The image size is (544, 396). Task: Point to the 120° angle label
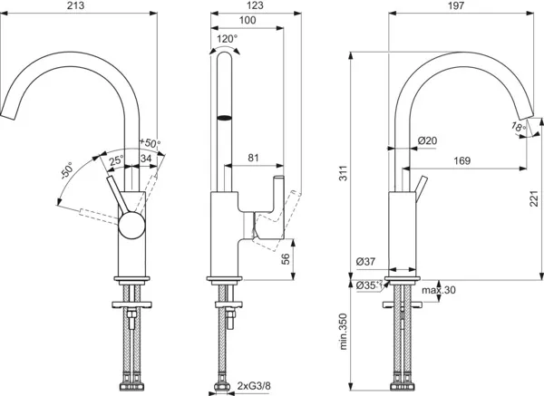click(226, 39)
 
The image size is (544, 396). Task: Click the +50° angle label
click(150, 142)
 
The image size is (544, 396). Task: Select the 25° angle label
click(116, 161)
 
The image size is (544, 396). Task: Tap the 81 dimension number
click(255, 159)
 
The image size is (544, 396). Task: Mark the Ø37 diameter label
click(366, 263)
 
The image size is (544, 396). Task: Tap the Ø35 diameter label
click(367, 286)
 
